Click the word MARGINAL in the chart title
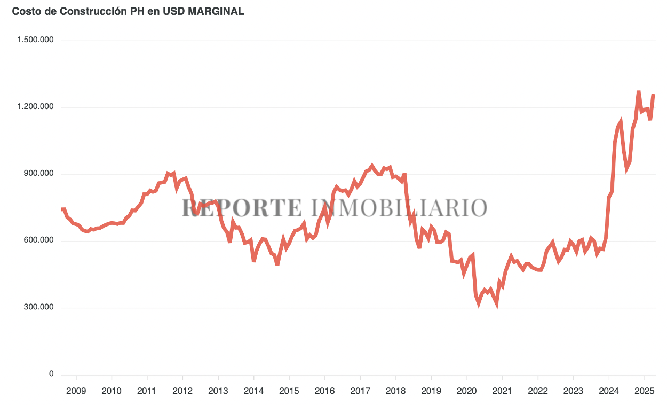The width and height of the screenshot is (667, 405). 216,11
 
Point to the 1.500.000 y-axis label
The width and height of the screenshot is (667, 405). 36,41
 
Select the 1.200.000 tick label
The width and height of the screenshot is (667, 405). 36,107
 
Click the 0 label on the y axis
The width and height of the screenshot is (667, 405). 52,374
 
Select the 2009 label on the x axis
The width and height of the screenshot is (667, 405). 76,391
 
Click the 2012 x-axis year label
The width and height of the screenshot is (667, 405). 182,391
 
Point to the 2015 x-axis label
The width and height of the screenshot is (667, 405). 289,391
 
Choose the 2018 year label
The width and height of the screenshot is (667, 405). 395,391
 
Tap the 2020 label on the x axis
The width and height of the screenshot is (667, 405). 466,391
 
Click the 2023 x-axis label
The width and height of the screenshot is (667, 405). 573,391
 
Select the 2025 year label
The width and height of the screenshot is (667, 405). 644,391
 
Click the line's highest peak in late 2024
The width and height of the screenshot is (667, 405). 638,92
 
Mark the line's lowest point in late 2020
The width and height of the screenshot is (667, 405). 497,305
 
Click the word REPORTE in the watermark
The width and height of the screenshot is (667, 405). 241,207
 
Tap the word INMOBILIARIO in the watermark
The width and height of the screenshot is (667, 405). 398,207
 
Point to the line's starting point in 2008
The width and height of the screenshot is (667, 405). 63,209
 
